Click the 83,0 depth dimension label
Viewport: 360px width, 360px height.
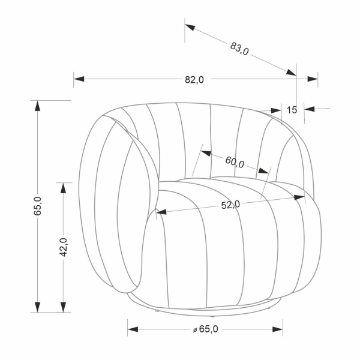coord(239,49)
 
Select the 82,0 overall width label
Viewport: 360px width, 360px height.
coord(194,80)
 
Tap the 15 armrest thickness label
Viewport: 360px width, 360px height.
coord(292,110)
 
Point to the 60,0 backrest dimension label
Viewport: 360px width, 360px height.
coord(235,162)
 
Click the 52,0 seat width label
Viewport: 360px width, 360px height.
coord(230,205)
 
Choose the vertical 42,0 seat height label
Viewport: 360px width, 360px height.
coord(63,247)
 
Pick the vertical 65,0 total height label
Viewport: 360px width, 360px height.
coord(37,206)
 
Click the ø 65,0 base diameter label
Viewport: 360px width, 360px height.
coord(205,329)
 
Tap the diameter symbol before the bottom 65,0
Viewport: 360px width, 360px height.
coord(195,330)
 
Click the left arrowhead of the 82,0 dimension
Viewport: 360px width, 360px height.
coord(79,79)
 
